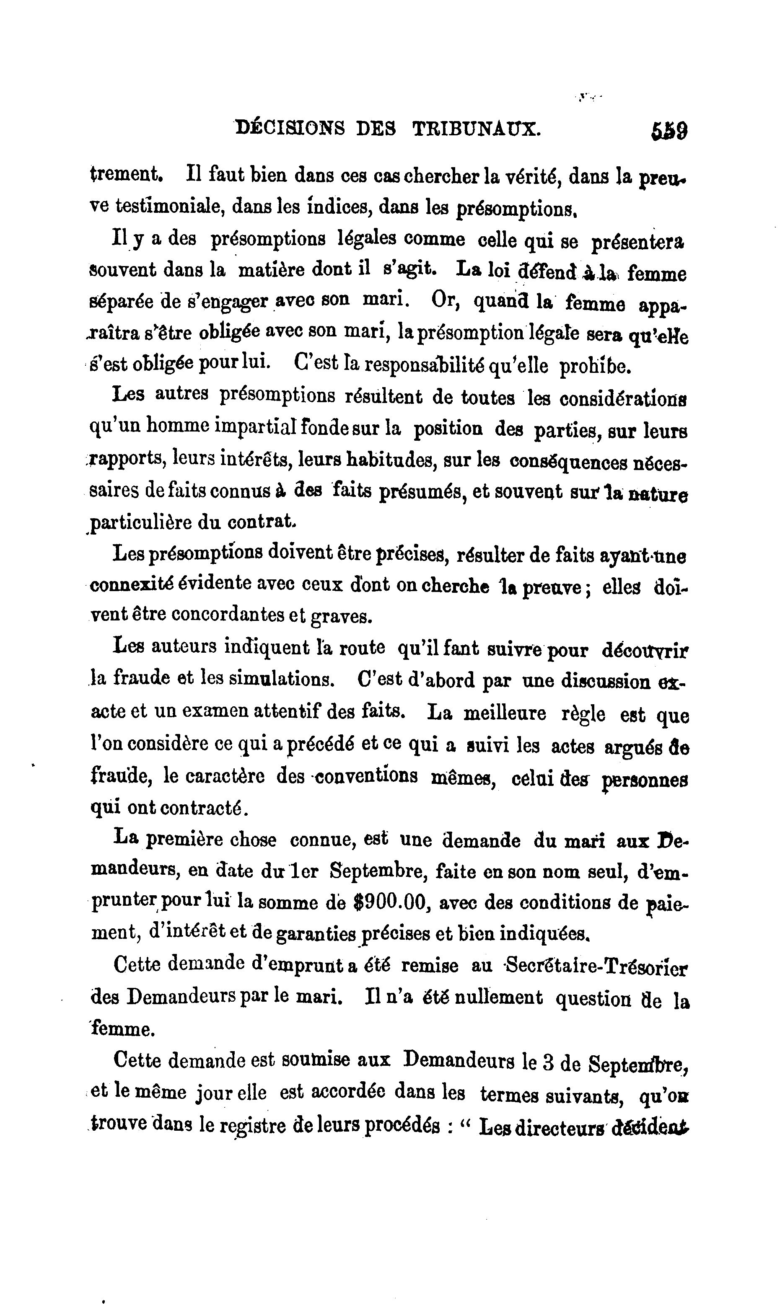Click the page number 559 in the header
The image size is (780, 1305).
[x=669, y=130]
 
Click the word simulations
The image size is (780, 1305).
[x=281, y=680]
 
